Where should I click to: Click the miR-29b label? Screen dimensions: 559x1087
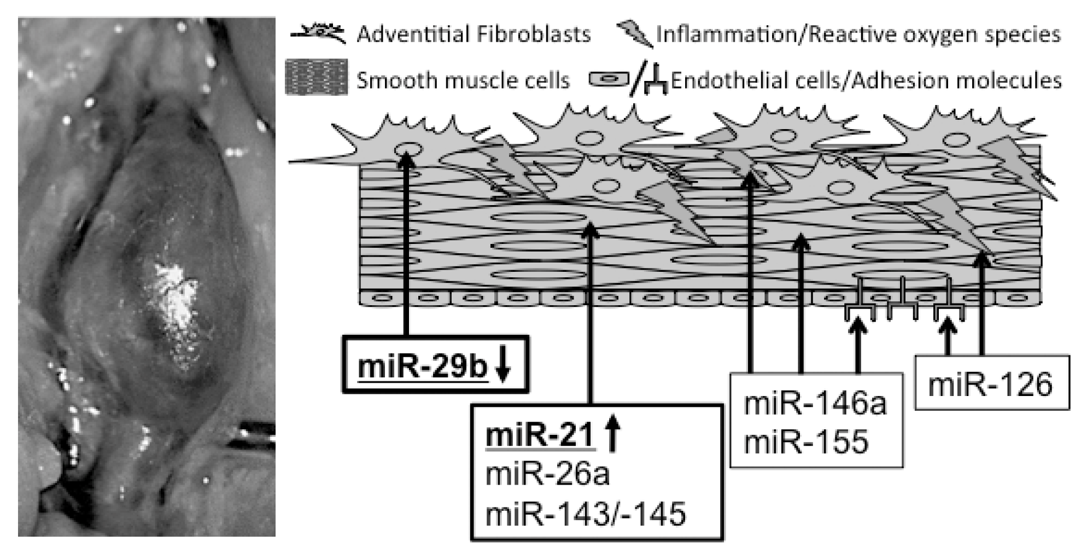(x=422, y=366)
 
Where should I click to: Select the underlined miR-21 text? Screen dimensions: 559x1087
(x=539, y=436)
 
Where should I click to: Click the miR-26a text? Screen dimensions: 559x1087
(x=547, y=474)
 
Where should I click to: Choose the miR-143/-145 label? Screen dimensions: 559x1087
(x=585, y=514)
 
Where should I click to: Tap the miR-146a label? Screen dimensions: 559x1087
(x=815, y=404)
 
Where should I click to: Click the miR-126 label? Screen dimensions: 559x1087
(x=990, y=385)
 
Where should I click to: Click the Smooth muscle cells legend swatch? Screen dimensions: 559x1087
(x=317, y=78)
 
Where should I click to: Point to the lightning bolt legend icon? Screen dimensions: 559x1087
(x=634, y=34)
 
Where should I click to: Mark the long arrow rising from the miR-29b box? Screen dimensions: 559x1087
(x=406, y=246)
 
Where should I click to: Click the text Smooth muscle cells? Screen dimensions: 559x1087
(x=463, y=81)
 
